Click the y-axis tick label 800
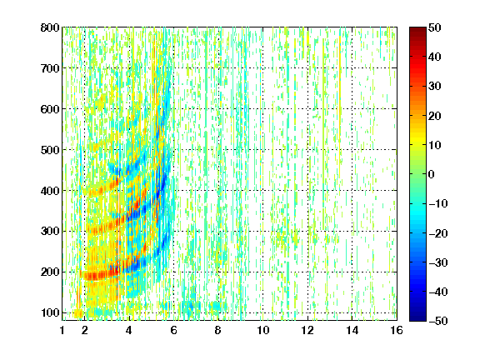(x=50, y=27)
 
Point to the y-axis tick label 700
(x=50, y=68)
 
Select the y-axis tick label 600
(x=50, y=109)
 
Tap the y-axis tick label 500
(x=50, y=150)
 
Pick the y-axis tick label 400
(x=50, y=191)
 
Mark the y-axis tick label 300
(x=50, y=232)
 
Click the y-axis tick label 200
(x=50, y=272)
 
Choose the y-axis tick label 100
(x=50, y=312)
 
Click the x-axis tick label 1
(x=62, y=330)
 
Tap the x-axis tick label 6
(x=174, y=330)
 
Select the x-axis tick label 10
(x=263, y=330)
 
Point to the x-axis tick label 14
(x=352, y=330)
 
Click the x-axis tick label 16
(x=397, y=330)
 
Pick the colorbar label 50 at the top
(x=435, y=27)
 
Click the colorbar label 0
(x=432, y=174)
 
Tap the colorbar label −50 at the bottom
(x=438, y=321)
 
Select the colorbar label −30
(x=438, y=262)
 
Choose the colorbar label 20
(x=435, y=116)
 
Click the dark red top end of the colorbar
(x=417, y=29)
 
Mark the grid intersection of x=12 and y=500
(x=307, y=150)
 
